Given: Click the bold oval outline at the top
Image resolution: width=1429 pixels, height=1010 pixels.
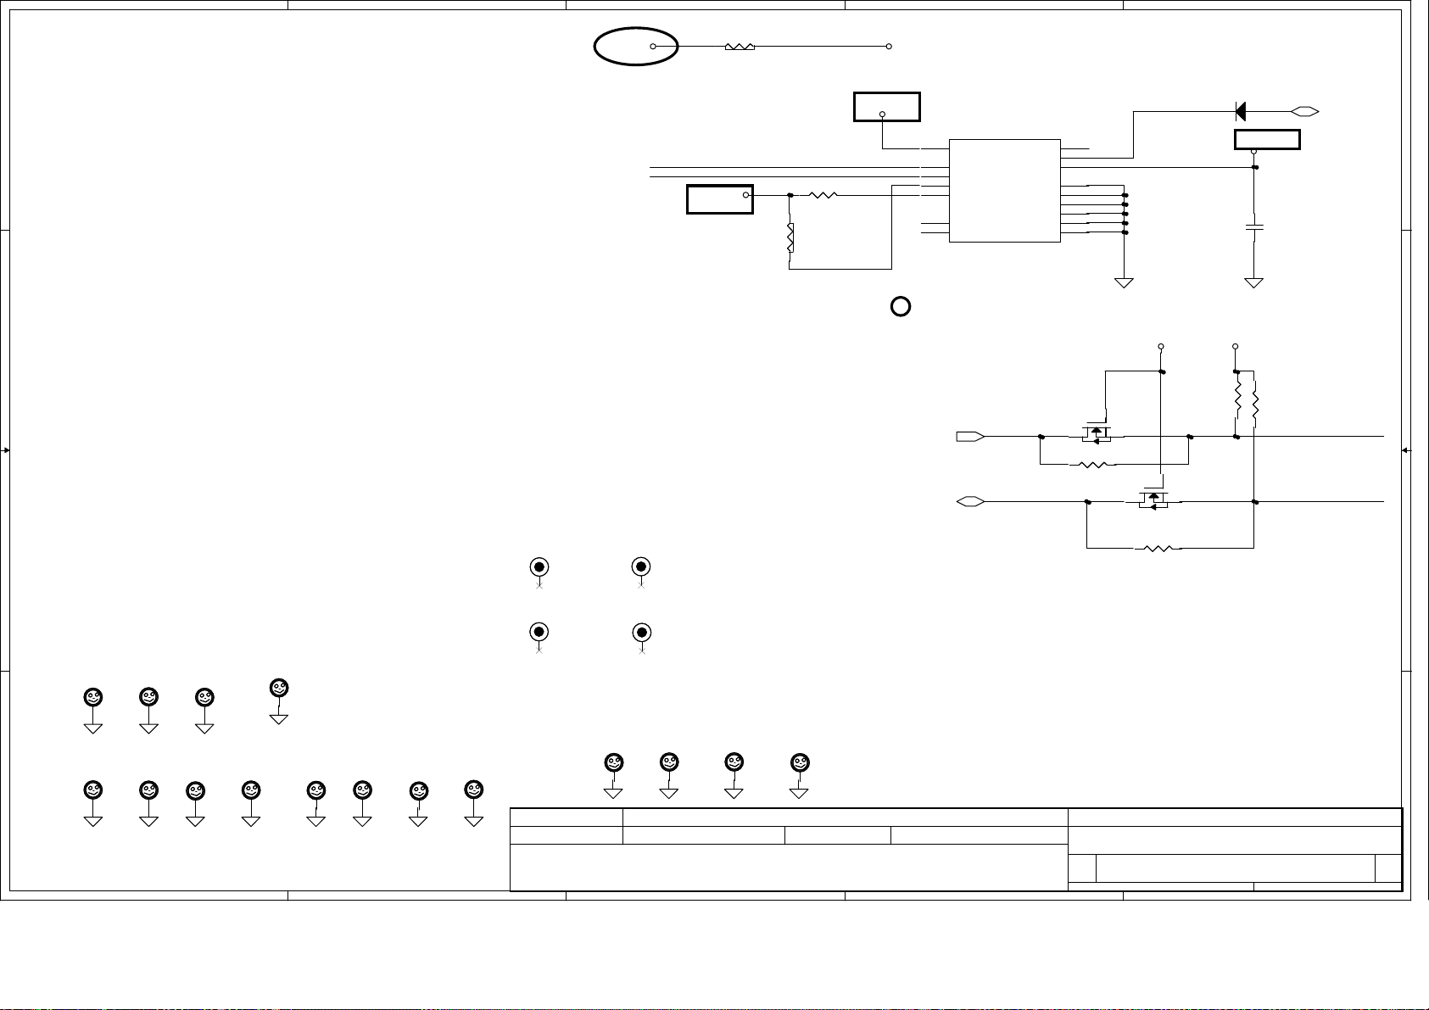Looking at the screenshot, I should tap(635, 46).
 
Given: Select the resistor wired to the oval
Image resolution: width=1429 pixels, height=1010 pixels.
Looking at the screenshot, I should tap(740, 46).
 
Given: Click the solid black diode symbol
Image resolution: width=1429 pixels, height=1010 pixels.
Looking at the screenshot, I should tap(1240, 110).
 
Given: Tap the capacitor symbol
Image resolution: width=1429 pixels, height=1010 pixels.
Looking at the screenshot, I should tap(1253, 226).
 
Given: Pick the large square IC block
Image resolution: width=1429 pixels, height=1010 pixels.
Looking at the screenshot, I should tap(1004, 190).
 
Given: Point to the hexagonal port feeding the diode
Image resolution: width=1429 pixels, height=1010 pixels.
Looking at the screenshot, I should tap(1304, 110).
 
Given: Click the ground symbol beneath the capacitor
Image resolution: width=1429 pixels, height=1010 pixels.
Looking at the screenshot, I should tap(1253, 282).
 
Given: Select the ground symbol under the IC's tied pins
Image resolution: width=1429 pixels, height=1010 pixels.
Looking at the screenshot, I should tap(1124, 282).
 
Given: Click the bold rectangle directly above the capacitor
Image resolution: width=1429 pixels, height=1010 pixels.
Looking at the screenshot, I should tap(1267, 140).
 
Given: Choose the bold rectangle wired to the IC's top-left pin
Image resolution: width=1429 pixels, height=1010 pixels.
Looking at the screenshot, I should tap(886, 108).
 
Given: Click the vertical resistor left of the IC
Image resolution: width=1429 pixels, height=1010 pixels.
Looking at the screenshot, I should tap(790, 237).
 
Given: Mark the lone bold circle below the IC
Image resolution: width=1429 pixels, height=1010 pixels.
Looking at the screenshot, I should tap(901, 307).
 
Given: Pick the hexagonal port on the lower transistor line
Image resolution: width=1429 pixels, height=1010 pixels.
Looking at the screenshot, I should tap(970, 502).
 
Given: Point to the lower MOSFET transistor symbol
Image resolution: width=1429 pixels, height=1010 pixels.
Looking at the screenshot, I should tap(1152, 499).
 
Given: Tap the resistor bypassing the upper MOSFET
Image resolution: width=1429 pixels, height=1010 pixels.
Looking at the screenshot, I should tap(1092, 465).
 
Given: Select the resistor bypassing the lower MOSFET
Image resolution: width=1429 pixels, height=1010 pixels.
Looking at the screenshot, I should tap(1158, 548).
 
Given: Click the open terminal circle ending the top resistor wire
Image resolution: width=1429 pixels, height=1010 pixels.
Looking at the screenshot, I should tap(889, 46).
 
